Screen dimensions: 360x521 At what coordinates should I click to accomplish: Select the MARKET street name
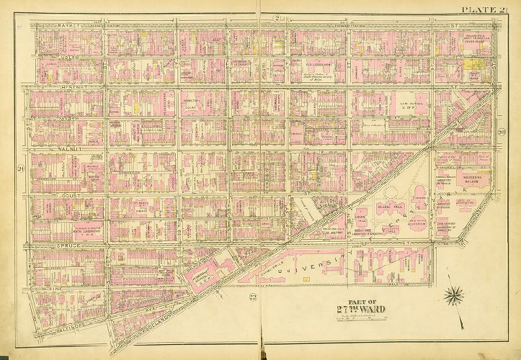(x=69, y=25)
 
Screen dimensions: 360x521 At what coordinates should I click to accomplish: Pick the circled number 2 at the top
(x=276, y=17)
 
